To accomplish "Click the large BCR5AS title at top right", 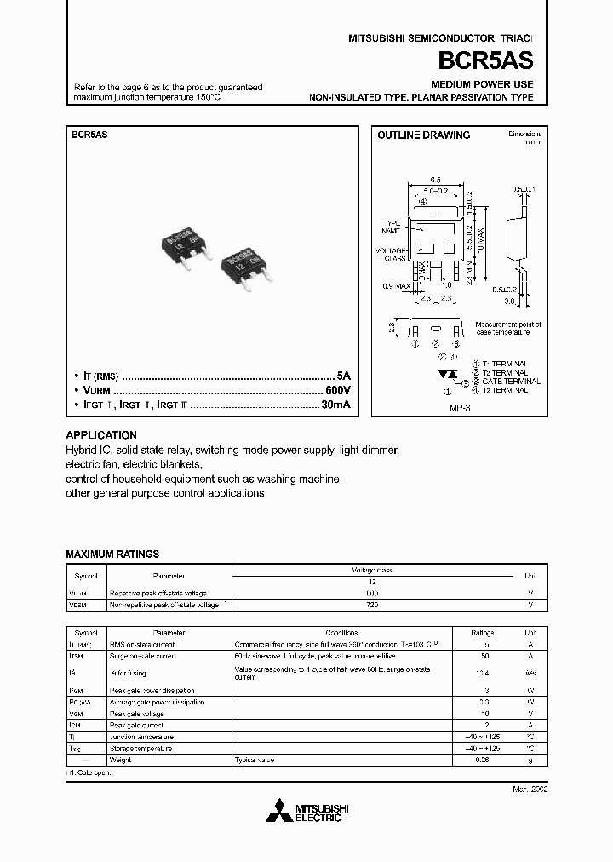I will pos(486,61).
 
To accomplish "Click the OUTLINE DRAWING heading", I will pos(423,135).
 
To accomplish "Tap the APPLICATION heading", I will pos(101,434).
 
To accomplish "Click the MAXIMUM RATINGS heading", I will pos(112,554).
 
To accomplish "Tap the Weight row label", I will pos(119,759).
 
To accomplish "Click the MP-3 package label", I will pos(461,407).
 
